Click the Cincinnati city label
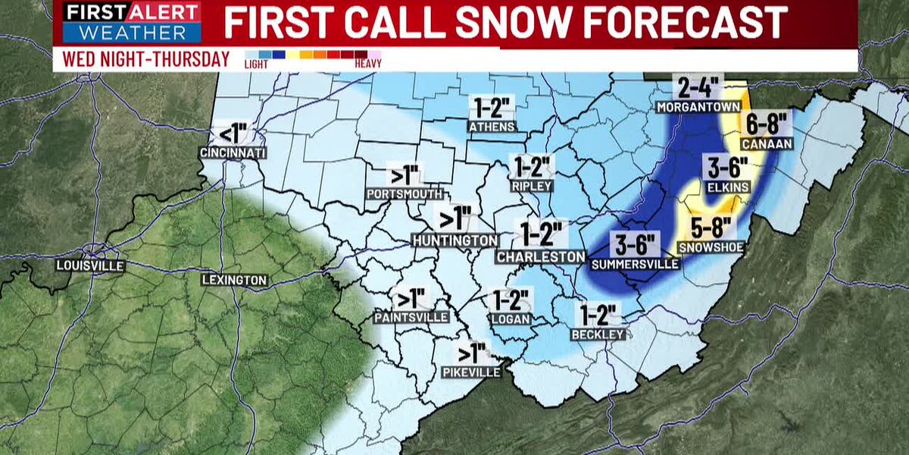(233, 153)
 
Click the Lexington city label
(234, 280)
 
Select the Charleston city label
(541, 257)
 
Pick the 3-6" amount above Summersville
(636, 244)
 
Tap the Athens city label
(492, 126)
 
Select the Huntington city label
(455, 240)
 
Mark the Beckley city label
(599, 334)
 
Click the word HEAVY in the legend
(368, 64)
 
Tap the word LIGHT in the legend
(255, 64)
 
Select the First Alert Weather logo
(132, 23)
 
